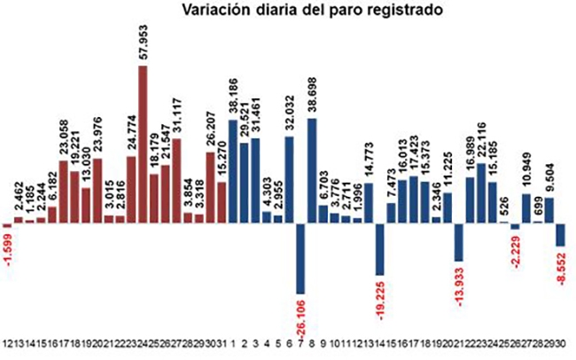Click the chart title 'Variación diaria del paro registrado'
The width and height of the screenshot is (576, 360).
[287, 12]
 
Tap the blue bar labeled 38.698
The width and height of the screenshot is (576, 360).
[312, 169]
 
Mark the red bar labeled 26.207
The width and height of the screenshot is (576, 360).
[210, 186]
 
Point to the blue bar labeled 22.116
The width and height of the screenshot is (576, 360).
[481, 192]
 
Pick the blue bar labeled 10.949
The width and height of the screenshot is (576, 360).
[526, 207]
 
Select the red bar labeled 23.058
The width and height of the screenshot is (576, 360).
[64, 192]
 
